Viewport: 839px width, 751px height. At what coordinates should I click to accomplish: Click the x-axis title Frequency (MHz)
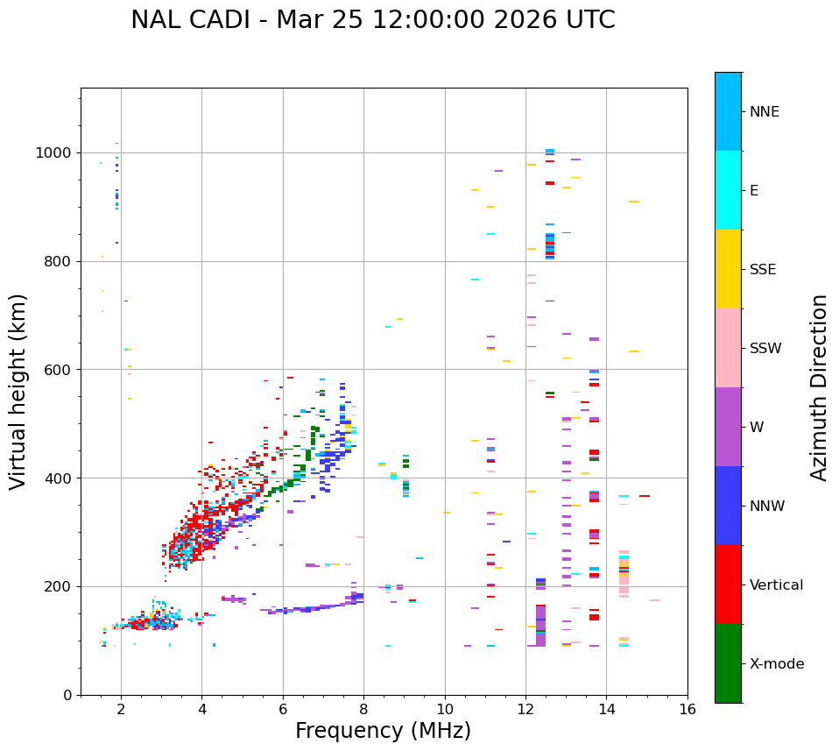tap(383, 731)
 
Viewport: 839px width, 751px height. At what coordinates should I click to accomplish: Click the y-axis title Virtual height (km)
tap(18, 391)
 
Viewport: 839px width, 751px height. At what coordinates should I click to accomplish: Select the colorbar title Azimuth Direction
tap(819, 387)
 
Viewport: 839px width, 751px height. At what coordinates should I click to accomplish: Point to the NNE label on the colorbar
tap(764, 112)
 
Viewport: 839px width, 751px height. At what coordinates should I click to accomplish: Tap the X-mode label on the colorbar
tap(776, 664)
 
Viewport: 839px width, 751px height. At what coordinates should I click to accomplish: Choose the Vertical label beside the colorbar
tap(776, 585)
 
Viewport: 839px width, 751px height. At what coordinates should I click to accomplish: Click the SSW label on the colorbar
tap(765, 349)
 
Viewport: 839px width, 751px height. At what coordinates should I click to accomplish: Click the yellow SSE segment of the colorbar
tap(728, 269)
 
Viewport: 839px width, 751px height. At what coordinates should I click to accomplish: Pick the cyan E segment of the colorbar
tap(728, 190)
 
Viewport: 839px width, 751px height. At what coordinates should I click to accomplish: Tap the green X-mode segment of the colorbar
tap(728, 663)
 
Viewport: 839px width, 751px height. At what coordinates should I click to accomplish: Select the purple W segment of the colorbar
tap(728, 427)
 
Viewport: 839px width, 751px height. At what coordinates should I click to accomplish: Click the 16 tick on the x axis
tap(687, 708)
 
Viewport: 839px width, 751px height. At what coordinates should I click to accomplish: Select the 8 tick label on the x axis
tap(363, 708)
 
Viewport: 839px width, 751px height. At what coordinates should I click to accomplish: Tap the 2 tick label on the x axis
tap(121, 708)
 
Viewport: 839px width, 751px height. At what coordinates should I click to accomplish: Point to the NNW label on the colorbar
tap(767, 507)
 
